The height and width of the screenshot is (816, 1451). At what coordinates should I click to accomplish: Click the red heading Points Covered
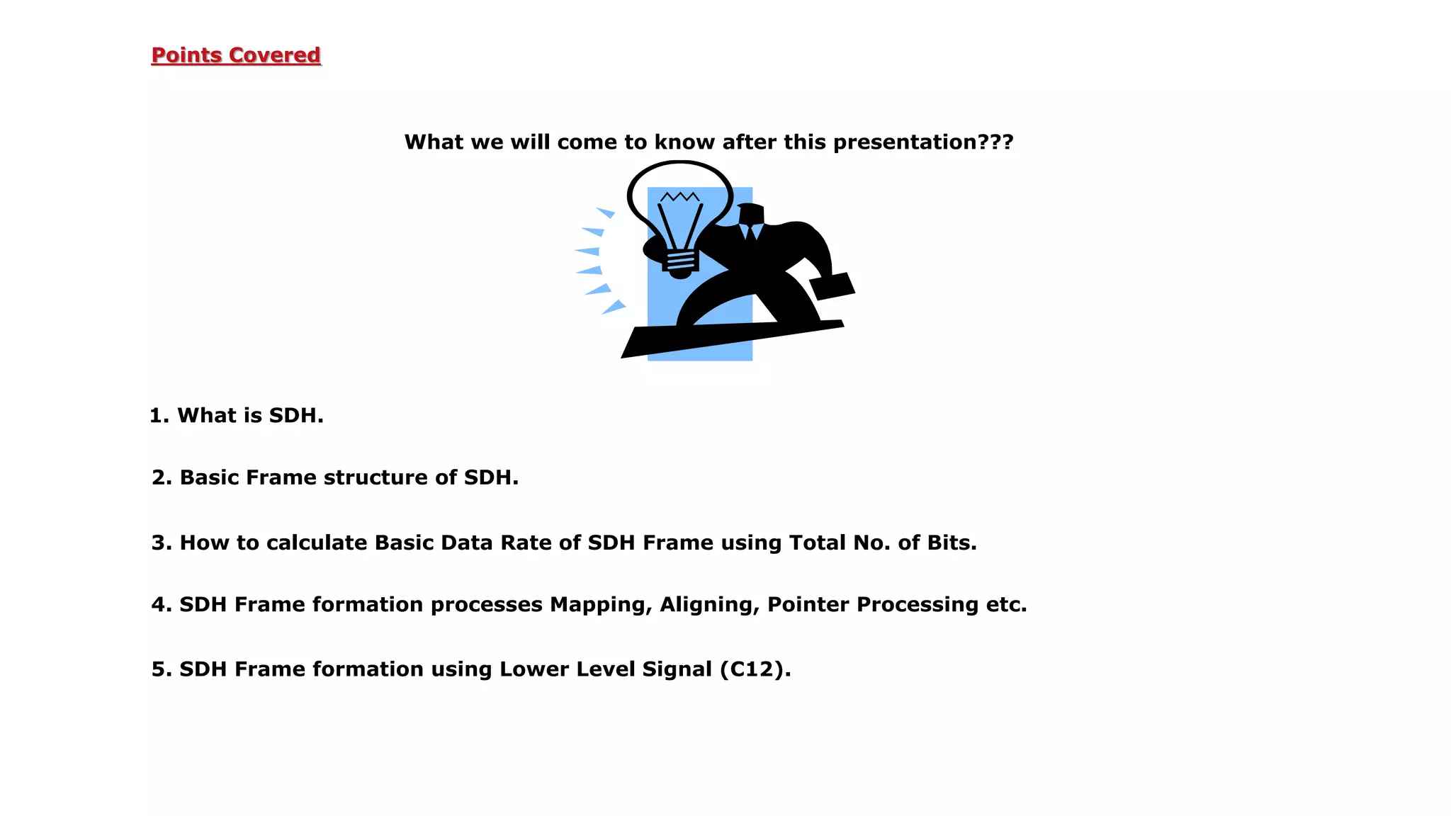click(x=236, y=55)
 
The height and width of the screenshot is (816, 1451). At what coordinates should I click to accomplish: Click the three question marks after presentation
click(x=995, y=142)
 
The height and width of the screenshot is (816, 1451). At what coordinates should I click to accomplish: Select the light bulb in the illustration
click(x=679, y=212)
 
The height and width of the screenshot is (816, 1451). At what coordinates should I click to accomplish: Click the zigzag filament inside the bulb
click(x=679, y=196)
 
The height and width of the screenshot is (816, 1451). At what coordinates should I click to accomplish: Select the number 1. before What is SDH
click(x=159, y=416)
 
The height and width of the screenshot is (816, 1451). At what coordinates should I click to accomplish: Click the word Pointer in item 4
click(x=808, y=605)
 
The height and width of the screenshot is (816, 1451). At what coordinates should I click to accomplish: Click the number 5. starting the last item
click(x=161, y=670)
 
